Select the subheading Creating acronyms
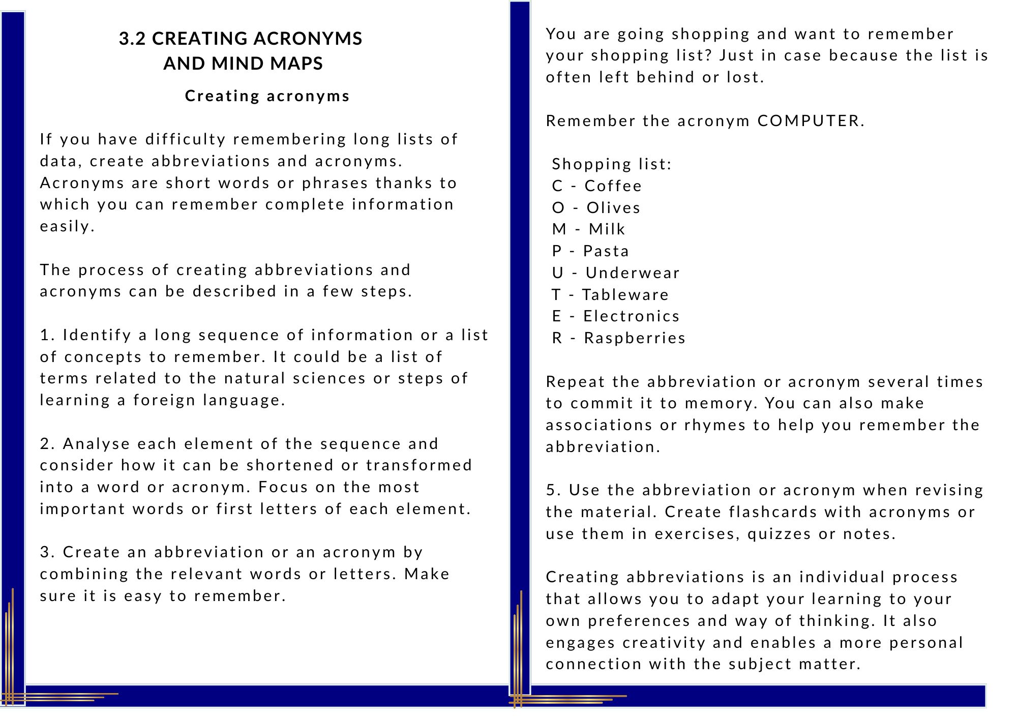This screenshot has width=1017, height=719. (x=267, y=96)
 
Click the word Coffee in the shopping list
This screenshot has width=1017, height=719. (x=613, y=186)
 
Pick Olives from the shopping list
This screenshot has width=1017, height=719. (x=613, y=207)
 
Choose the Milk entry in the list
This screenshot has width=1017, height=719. (x=607, y=229)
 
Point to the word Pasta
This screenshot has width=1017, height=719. (x=606, y=251)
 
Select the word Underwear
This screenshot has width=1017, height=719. (x=632, y=273)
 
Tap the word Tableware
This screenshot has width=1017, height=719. (x=625, y=294)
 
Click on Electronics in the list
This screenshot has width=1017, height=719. (x=631, y=316)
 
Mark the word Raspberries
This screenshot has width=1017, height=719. (x=635, y=338)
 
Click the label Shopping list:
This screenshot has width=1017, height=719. (x=612, y=164)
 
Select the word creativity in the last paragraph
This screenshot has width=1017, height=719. (x=664, y=642)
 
